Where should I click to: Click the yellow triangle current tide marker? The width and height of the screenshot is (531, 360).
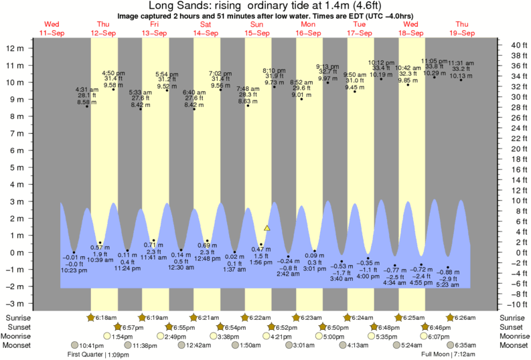pos(267,228)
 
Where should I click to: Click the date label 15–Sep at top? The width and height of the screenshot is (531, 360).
pos(257,33)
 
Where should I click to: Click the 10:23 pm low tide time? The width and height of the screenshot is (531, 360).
pos(74,270)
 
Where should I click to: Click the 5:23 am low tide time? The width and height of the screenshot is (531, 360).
pos(447,284)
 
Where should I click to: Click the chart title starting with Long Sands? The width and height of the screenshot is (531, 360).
pos(265,6)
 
